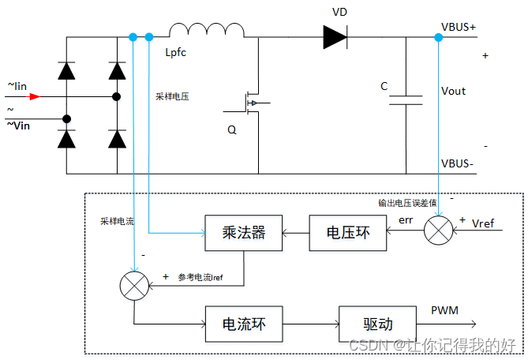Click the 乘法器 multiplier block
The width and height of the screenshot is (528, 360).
243,233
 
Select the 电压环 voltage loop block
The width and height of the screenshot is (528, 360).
346,233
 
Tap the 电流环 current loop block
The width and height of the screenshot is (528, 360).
243,324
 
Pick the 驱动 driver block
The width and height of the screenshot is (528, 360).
377,324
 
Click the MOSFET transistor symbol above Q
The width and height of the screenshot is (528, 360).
253,103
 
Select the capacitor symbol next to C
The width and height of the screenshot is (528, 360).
406,100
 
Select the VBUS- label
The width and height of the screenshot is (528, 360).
459,163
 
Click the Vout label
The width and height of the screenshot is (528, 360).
453,91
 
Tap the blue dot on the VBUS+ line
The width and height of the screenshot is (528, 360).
438,37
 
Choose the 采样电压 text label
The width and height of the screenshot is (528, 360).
173,96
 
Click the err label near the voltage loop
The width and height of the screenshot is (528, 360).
406,220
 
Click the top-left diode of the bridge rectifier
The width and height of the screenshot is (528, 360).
66,71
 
